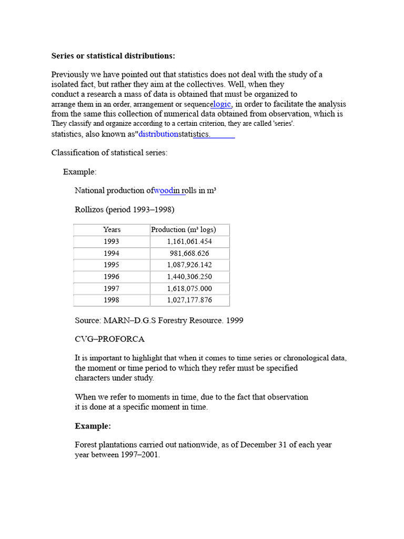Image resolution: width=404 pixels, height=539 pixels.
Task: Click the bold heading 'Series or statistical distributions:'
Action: pyautogui.click(x=113, y=56)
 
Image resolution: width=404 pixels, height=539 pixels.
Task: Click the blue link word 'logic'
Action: pyautogui.click(x=221, y=104)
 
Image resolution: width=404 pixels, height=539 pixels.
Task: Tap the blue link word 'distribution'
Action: pyautogui.click(x=158, y=134)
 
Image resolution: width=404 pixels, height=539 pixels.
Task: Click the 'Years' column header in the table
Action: pyautogui.click(x=112, y=229)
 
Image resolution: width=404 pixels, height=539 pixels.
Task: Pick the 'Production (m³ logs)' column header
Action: pyautogui.click(x=184, y=229)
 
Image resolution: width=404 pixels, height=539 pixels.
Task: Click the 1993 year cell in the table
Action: pyautogui.click(x=112, y=241)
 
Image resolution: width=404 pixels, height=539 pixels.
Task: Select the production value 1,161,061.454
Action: pyautogui.click(x=189, y=241)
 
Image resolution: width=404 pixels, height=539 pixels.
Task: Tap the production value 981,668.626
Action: pyautogui.click(x=189, y=253)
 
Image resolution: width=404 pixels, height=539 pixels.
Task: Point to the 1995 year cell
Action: pyautogui.click(x=112, y=265)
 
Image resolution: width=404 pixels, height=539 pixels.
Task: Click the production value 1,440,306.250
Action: pyautogui.click(x=189, y=277)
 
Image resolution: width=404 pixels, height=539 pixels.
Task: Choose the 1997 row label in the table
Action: pyautogui.click(x=112, y=288)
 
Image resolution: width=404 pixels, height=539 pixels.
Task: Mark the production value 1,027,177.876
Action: pyautogui.click(x=189, y=300)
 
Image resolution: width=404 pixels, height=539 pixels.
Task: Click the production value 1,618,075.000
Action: pyautogui.click(x=189, y=288)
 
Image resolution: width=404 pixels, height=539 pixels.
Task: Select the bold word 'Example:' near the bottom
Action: pyautogui.click(x=93, y=426)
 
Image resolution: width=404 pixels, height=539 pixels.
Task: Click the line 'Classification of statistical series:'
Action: pyautogui.click(x=109, y=153)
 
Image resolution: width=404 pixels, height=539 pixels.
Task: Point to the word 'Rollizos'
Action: pyautogui.click(x=89, y=209)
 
